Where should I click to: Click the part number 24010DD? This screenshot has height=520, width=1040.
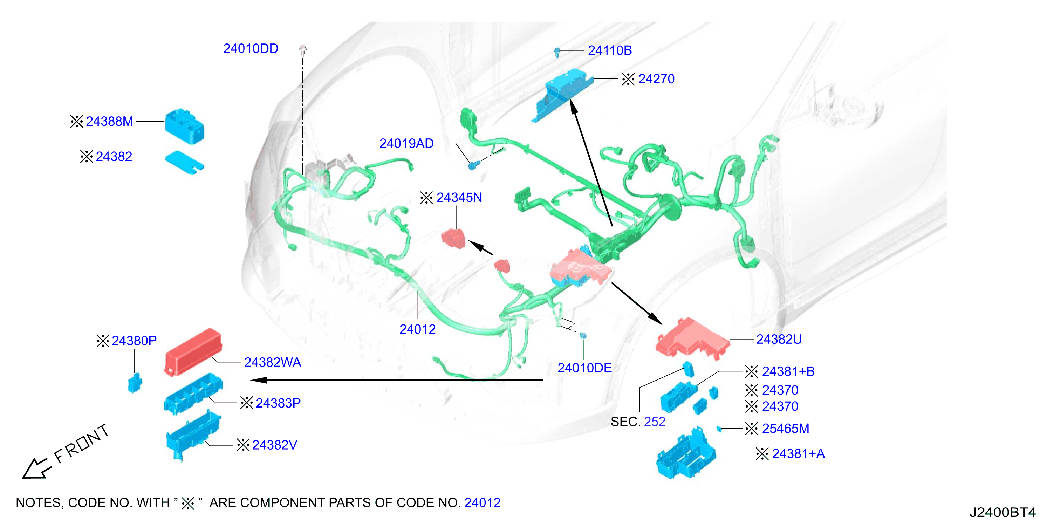251,48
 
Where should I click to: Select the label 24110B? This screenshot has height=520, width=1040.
610,50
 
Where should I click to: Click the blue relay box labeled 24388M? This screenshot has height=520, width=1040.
185,125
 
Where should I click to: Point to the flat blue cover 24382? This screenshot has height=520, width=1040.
185,163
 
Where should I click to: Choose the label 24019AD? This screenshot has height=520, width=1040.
406,143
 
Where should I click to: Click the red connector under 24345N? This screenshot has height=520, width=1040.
453,238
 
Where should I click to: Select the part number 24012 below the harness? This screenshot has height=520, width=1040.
417,329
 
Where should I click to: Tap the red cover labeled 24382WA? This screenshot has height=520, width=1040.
193,352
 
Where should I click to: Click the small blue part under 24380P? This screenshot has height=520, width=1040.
135,382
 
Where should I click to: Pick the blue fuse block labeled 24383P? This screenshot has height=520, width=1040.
193,393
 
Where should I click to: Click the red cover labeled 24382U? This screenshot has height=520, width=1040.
692,338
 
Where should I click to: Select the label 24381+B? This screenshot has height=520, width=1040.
788,371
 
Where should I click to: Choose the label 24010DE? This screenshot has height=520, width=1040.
584,368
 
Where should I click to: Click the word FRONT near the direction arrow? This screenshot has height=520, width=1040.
82,443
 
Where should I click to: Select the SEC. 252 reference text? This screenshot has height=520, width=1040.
638,422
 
